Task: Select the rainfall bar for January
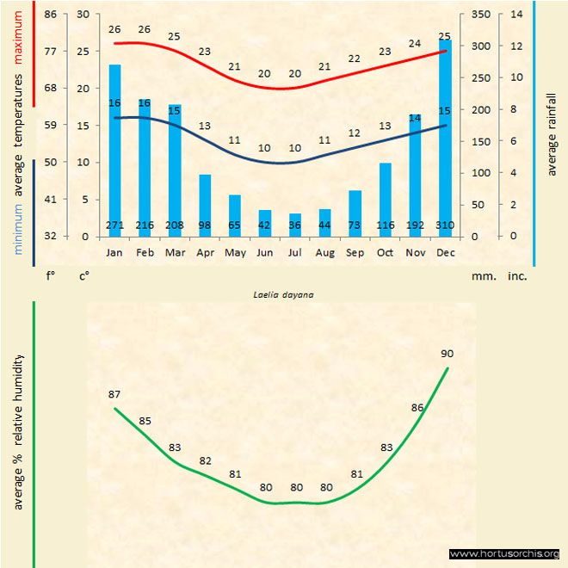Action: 114,146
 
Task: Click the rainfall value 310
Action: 445,225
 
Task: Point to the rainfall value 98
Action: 205,225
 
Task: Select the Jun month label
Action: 265,253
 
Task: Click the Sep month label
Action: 355,253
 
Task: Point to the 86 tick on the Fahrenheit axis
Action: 51,15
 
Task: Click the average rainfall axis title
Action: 552,133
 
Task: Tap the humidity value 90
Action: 448,353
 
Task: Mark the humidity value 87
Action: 114,394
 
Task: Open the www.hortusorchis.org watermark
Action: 504,553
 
